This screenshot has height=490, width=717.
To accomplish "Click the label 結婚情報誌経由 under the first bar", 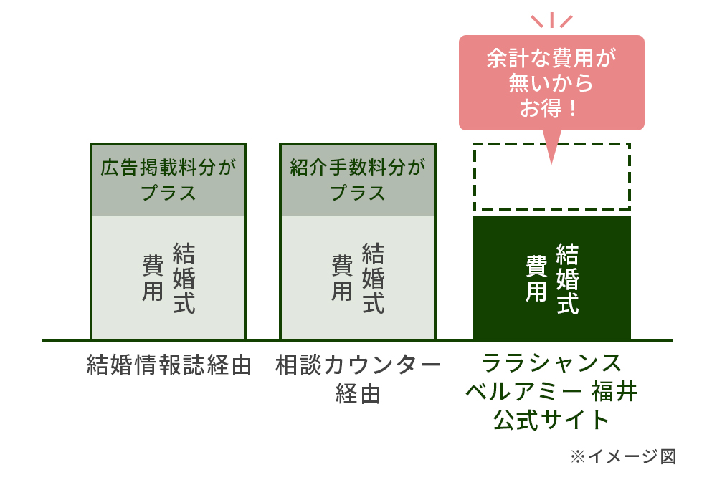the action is pyautogui.click(x=169, y=365).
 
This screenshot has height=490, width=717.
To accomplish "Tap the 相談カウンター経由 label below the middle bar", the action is pyautogui.click(x=358, y=379).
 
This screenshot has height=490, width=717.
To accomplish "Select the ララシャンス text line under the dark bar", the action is pyautogui.click(x=551, y=363).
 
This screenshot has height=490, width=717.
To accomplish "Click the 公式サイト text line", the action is pyautogui.click(x=551, y=420).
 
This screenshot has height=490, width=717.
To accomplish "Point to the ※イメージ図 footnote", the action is pyautogui.click(x=623, y=456).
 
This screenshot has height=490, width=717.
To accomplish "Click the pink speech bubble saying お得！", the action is pyautogui.click(x=551, y=82).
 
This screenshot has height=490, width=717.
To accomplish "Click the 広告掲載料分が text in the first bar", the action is pyautogui.click(x=168, y=167).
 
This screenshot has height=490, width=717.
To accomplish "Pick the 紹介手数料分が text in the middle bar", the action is pyautogui.click(x=358, y=167).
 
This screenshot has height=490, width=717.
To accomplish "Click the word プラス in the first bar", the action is pyautogui.click(x=168, y=193).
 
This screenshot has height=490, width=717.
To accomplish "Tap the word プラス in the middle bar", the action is pyautogui.click(x=358, y=193).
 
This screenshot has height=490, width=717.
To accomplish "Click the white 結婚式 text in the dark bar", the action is pyautogui.click(x=567, y=279).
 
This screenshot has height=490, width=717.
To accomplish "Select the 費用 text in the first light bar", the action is pyautogui.click(x=153, y=278).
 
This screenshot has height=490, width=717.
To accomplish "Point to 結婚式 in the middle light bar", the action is pyautogui.click(x=373, y=278).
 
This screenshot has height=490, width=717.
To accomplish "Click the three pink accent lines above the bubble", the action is pyautogui.click(x=551, y=20).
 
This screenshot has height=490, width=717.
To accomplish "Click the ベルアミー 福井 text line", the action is pyautogui.click(x=551, y=392).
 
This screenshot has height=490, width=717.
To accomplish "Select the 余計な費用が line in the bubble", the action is pyautogui.click(x=551, y=58).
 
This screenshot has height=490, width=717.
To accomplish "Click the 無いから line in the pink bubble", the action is pyautogui.click(x=551, y=83).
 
